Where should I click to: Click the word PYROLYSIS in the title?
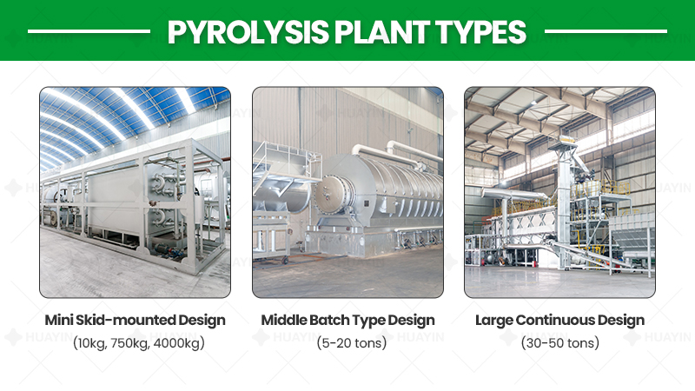coord(248,32)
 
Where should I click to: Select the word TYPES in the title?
coord(481,32)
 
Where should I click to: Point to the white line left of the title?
coord(89,31)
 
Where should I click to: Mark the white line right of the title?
coord(606,31)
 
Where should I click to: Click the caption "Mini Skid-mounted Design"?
coord(136,320)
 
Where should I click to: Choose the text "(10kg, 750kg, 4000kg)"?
coord(139,342)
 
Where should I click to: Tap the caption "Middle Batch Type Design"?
coord(348,320)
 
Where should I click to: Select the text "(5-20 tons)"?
coord(352,342)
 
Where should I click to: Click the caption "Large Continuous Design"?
coord(559,320)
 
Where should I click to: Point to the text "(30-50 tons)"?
coord(560,342)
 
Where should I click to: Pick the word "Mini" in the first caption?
coord(58,320)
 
